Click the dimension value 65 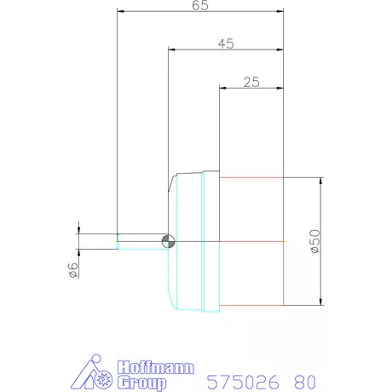click(x=200, y=5)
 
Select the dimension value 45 click(x=226, y=43)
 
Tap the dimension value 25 click(x=251, y=82)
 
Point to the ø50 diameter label click(x=315, y=241)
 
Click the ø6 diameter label click(x=72, y=270)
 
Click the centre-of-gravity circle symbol click(x=168, y=241)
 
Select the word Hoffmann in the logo click(x=156, y=367)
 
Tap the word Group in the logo click(x=141, y=383)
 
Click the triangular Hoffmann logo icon click(x=91, y=372)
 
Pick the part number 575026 click(x=243, y=382)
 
